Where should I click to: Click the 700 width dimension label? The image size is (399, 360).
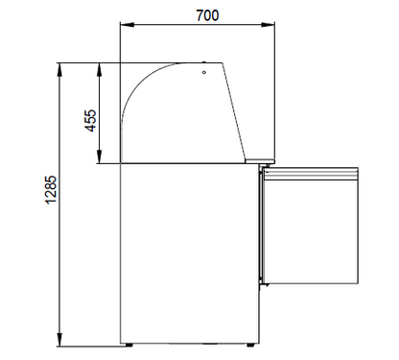pyautogui.click(x=188, y=16)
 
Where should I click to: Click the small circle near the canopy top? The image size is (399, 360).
pyautogui.click(x=203, y=69)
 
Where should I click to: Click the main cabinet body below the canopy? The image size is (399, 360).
pyautogui.click(x=188, y=250)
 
